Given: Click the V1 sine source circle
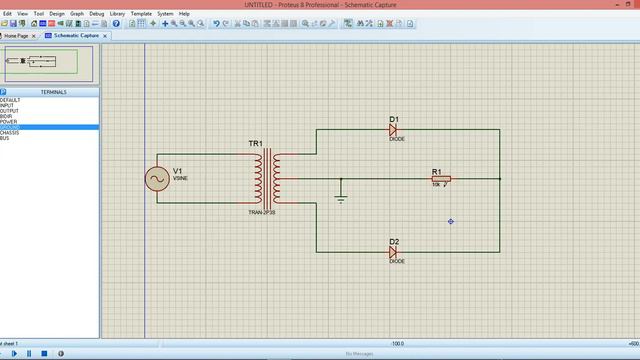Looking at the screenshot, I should (x=156, y=178).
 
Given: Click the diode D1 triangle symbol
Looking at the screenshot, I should (x=394, y=130).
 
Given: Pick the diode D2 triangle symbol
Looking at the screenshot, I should (x=394, y=252).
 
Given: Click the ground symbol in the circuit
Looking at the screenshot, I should (x=341, y=197).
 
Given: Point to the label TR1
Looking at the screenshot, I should (x=255, y=145).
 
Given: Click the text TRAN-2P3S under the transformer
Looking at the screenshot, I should (x=263, y=213).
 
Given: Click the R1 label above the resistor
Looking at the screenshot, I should (x=436, y=170).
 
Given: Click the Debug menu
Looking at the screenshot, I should (x=96, y=14).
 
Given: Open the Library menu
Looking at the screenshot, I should (x=119, y=14).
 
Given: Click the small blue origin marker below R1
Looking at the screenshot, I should (x=450, y=221).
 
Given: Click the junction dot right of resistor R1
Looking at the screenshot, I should (x=499, y=179).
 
